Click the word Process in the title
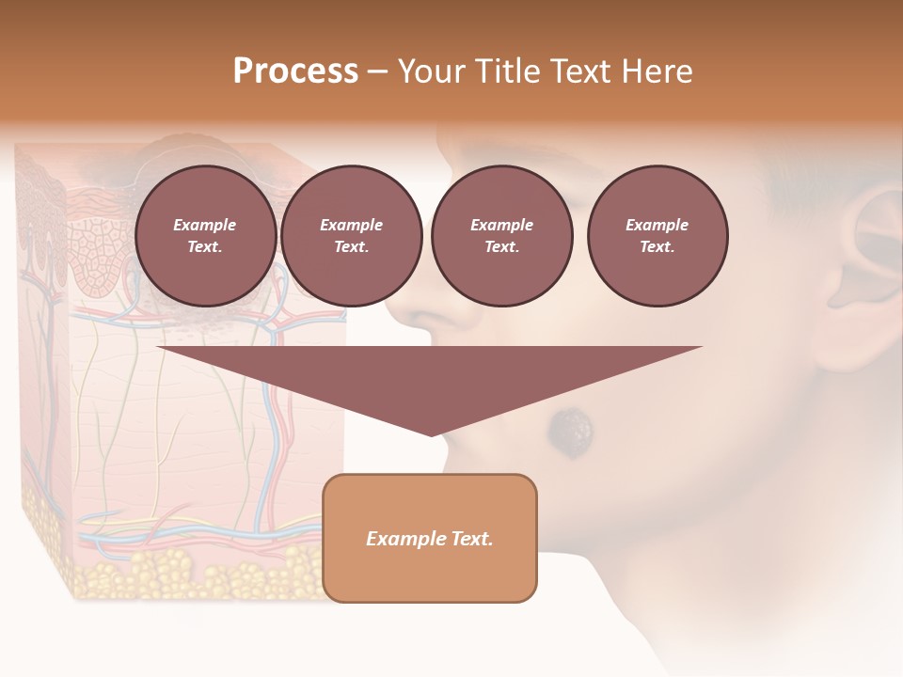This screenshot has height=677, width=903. pos(295,71)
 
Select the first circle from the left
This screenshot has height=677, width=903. pos(205,235)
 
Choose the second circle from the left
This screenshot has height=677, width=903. pos(352,235)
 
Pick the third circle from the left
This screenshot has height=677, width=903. pos(501,235)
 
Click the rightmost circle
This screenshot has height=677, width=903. pos(657,235)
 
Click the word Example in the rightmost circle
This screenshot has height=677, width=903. pos(657,225)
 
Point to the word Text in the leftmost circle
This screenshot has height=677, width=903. pos(204,246)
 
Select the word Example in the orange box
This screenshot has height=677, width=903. pos(405,539)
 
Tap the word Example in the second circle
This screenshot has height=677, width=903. pos(352,225)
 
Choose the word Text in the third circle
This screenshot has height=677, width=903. pos(500,246)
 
